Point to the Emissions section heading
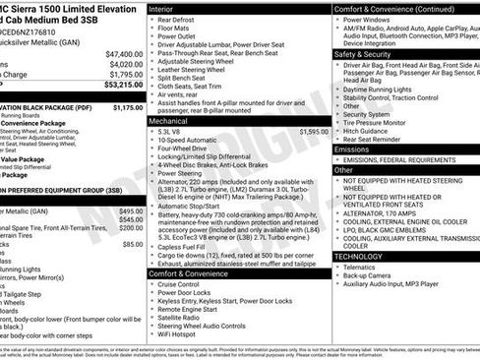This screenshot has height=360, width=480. tap(356, 148)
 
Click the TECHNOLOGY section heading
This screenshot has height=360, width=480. tap(359, 255)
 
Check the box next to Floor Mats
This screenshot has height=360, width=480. tap(151, 30)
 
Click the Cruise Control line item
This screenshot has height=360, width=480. tap(185, 284)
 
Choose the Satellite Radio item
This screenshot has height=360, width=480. tap(183, 317)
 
